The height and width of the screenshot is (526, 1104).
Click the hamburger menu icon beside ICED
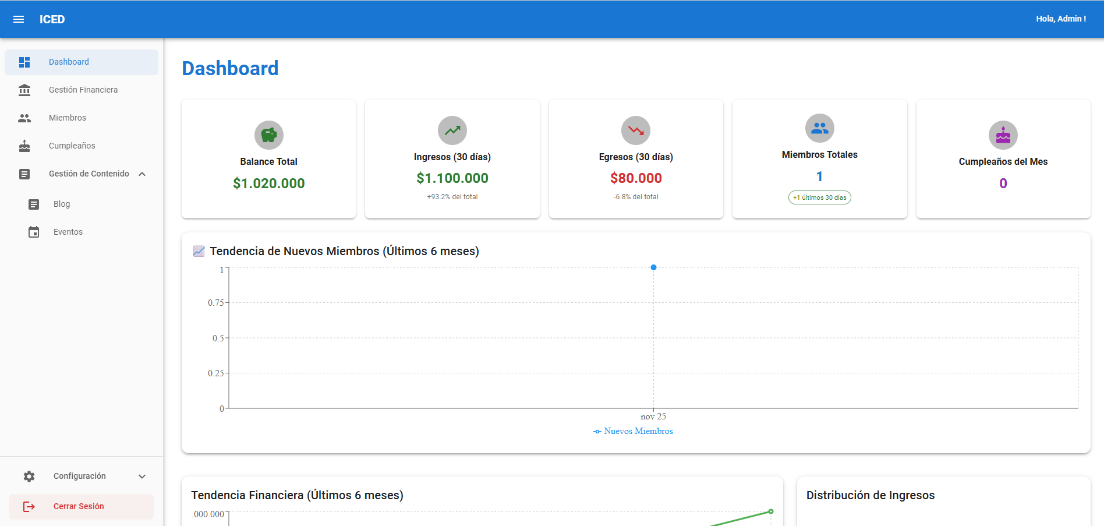pyautogui.click(x=19, y=19)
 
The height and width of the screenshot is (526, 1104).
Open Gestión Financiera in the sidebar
pyautogui.click(x=83, y=90)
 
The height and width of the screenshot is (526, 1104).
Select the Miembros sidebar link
pyautogui.click(x=68, y=118)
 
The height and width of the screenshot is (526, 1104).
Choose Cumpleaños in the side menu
pyautogui.click(x=72, y=146)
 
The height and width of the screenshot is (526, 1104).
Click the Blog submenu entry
pyautogui.click(x=62, y=204)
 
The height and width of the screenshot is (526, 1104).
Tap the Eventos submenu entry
pyautogui.click(x=68, y=232)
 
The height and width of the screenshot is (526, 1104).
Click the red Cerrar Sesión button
pyautogui.click(x=82, y=506)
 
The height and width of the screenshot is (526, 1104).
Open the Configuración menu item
pyautogui.click(x=80, y=476)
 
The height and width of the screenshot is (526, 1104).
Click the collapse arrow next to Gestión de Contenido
pyautogui.click(x=142, y=174)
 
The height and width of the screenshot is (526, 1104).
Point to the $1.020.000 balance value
pyautogui.click(x=269, y=183)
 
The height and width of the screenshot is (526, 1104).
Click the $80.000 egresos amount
pyautogui.click(x=636, y=178)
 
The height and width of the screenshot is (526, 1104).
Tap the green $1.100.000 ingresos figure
pyautogui.click(x=452, y=178)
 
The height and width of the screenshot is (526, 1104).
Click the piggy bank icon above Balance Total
pyautogui.click(x=269, y=135)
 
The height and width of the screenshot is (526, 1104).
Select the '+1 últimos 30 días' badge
pyautogui.click(x=820, y=197)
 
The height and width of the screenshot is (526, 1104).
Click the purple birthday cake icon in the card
pyautogui.click(x=1003, y=135)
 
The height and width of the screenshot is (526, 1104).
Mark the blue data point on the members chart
pyautogui.click(x=653, y=267)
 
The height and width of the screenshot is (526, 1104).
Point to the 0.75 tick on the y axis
pyautogui.click(x=216, y=303)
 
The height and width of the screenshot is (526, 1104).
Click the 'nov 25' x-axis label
pyautogui.click(x=653, y=416)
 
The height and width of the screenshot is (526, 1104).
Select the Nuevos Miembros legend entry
pyautogui.click(x=633, y=431)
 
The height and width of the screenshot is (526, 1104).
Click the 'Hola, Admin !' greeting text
pyautogui.click(x=1061, y=19)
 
